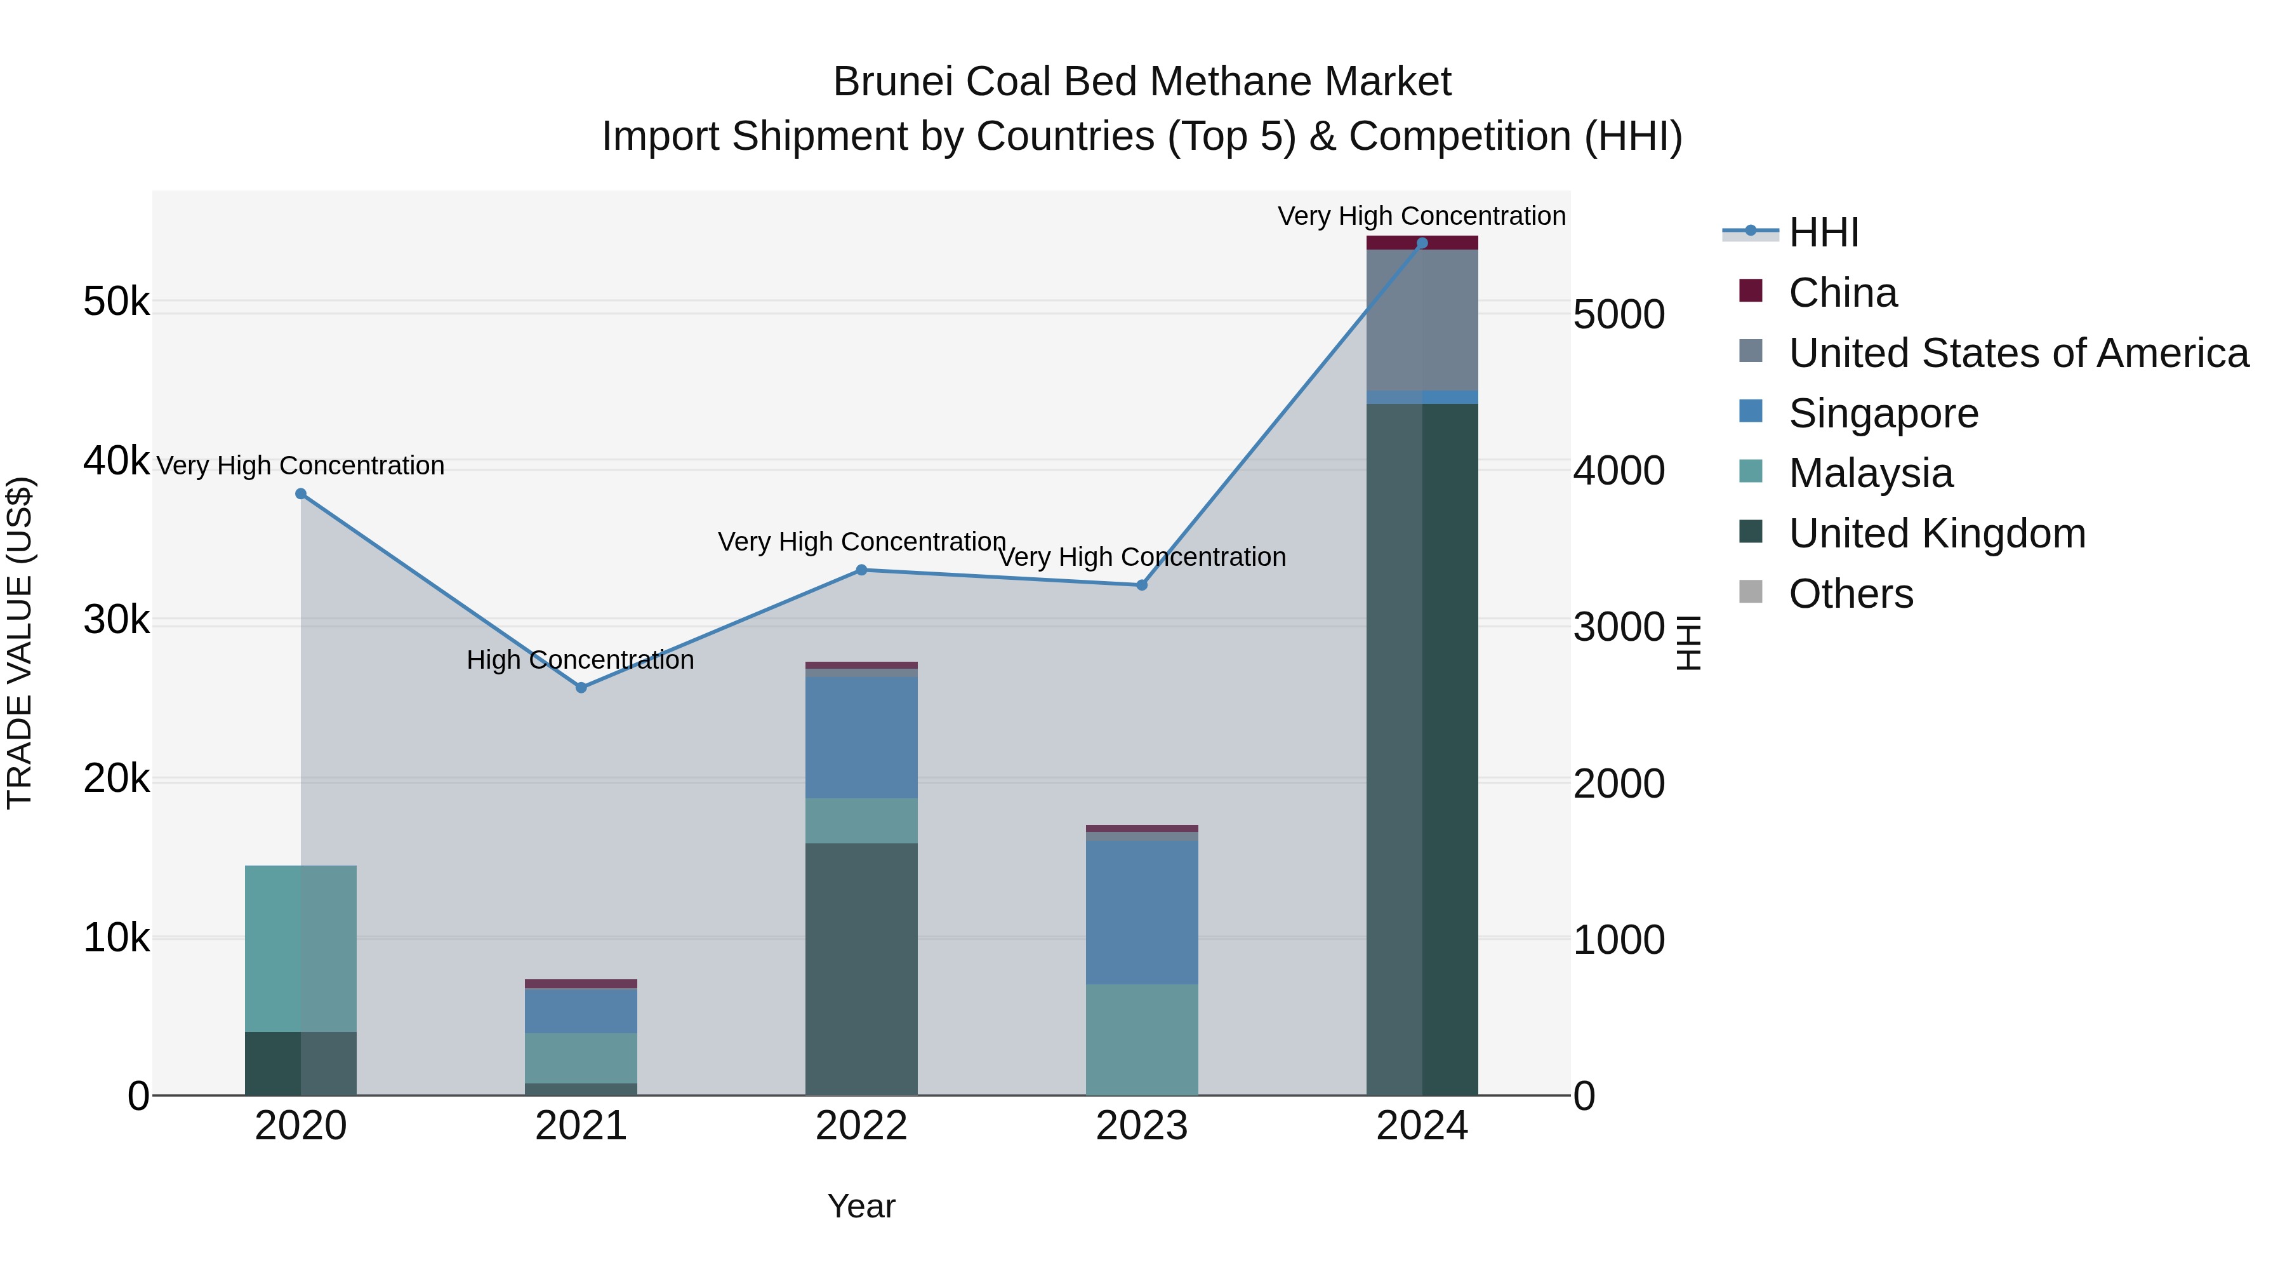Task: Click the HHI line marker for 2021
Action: [581, 687]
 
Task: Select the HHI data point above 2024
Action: [1422, 243]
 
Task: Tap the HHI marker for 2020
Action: [301, 493]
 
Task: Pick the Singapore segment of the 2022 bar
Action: [861, 737]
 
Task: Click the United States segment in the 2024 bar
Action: [1422, 319]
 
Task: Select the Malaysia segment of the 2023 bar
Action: [1142, 1038]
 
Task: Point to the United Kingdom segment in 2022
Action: [861, 967]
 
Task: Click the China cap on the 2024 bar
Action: [1422, 243]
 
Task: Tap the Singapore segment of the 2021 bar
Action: [581, 1010]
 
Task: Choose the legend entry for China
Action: [1843, 293]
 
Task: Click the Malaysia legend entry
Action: [1870, 473]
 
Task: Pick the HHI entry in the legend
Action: [1823, 232]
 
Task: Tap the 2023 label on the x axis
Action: [1142, 1126]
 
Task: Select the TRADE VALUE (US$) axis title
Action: [20, 643]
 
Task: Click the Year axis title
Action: [861, 1206]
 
